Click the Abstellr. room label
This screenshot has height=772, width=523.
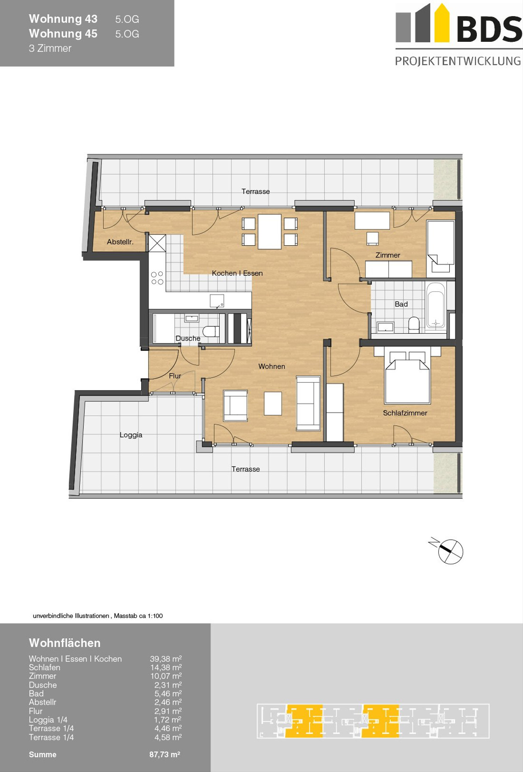click(x=120, y=242)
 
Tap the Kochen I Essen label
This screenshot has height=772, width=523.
click(x=237, y=273)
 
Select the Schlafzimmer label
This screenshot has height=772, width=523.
click(x=405, y=413)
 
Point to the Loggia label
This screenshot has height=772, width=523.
click(x=131, y=435)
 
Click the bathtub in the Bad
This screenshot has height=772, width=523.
click(x=436, y=305)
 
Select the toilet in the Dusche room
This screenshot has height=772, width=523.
click(x=211, y=331)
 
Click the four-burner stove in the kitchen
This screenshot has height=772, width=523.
click(x=157, y=278)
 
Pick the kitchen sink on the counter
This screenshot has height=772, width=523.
click(x=217, y=301)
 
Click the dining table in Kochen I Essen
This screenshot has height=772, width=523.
click(x=269, y=231)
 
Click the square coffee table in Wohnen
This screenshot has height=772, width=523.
click(x=273, y=403)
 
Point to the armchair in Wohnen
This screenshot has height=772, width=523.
click(x=235, y=406)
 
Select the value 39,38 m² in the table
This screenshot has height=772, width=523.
click(x=166, y=659)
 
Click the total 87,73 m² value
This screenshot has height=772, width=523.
click(x=165, y=755)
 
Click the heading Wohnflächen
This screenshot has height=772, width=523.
click(x=65, y=643)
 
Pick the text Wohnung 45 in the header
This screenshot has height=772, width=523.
click(x=63, y=34)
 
